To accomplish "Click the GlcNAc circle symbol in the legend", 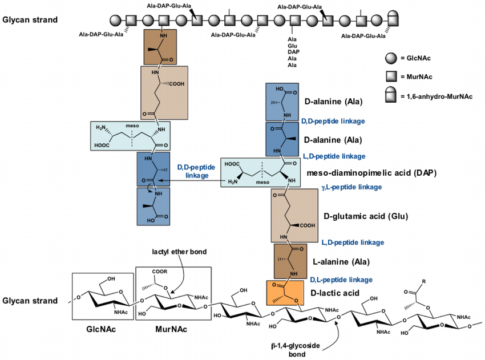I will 390,59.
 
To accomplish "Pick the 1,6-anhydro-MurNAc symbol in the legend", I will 390,96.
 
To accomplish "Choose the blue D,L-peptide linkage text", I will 341,280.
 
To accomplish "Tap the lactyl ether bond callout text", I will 179,251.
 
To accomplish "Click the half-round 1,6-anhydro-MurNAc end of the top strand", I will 394,20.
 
